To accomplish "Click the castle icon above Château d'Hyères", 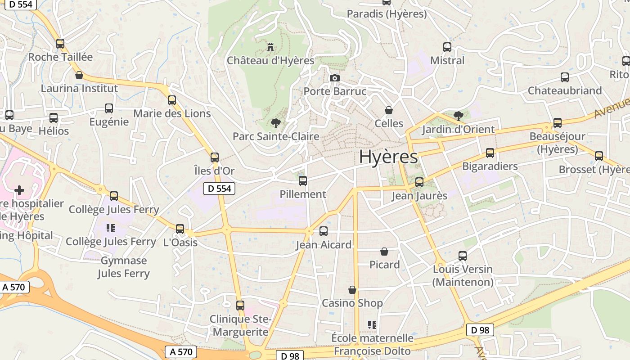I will [x=270, y=46].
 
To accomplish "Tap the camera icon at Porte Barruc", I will [x=334, y=78].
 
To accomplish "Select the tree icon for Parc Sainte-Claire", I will [x=275, y=123].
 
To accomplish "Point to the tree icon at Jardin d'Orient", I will [x=459, y=116].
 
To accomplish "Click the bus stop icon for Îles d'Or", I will [x=215, y=157].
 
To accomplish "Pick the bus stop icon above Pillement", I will [x=303, y=180].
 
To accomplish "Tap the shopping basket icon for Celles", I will [x=389, y=110].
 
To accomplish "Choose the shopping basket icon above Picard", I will [x=384, y=251].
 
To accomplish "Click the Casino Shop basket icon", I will [x=352, y=290].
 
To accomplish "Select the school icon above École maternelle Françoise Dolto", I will [x=372, y=324].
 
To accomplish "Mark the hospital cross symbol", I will [x=19, y=190].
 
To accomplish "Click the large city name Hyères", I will [x=388, y=157].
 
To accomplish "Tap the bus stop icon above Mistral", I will [x=447, y=47].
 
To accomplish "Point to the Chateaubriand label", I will [x=565, y=90].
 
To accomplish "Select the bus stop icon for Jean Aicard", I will [x=323, y=231].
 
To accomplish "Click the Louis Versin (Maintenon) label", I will [x=463, y=275].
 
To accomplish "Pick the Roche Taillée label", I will [x=60, y=57].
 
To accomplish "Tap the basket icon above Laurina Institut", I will [x=79, y=75].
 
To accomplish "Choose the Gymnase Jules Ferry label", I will [x=124, y=267].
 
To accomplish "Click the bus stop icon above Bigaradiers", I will [x=490, y=153].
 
